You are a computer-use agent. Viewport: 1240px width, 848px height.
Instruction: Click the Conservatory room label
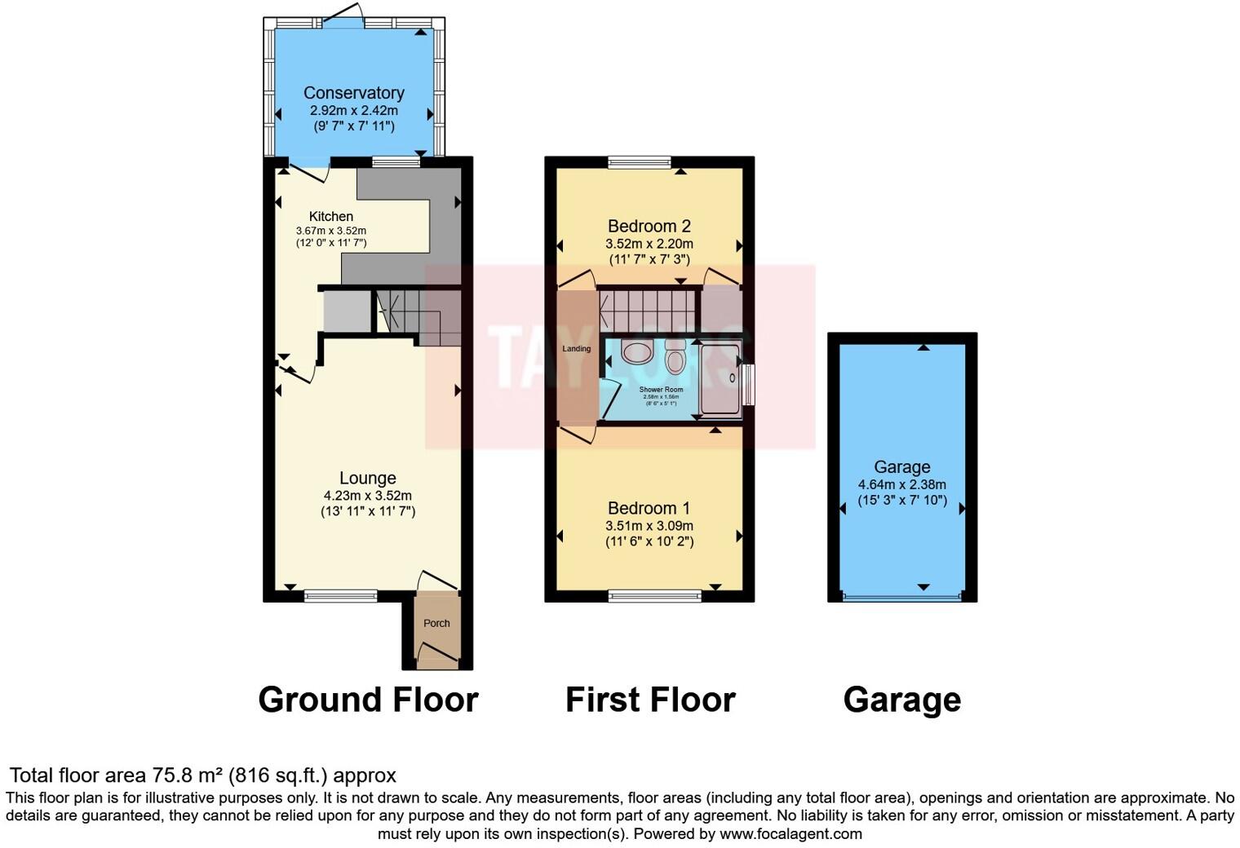click(353, 93)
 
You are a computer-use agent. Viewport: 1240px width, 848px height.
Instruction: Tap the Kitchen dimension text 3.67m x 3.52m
click(331, 231)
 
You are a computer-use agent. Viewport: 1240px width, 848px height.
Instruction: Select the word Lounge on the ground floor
click(368, 479)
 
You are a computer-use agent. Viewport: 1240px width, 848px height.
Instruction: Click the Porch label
click(436, 623)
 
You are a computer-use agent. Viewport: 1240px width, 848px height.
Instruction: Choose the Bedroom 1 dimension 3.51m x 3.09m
click(649, 526)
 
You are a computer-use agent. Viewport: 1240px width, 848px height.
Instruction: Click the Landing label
click(576, 349)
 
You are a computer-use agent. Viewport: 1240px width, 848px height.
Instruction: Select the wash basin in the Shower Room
click(636, 352)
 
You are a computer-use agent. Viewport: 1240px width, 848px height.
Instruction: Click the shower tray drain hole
click(732, 378)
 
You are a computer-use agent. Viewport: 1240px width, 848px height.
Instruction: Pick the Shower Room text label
click(661, 390)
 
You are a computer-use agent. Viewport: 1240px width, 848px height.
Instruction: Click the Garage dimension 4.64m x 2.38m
click(901, 484)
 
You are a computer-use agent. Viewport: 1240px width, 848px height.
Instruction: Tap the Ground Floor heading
click(368, 700)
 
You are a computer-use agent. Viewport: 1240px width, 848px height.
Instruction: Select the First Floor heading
click(650, 700)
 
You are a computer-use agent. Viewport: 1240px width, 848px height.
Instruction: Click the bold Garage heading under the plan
click(901, 700)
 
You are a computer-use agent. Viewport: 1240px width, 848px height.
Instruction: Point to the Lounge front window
click(341, 596)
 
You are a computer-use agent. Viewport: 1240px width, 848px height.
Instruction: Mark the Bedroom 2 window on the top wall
click(640, 162)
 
